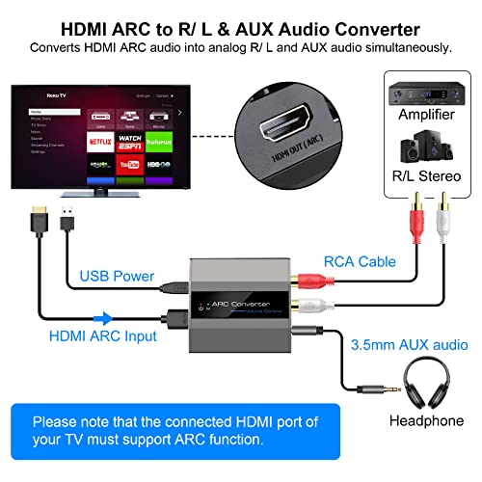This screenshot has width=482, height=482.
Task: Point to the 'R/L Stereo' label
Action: tap(425, 177)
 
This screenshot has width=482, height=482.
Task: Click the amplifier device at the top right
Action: tap(424, 93)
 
